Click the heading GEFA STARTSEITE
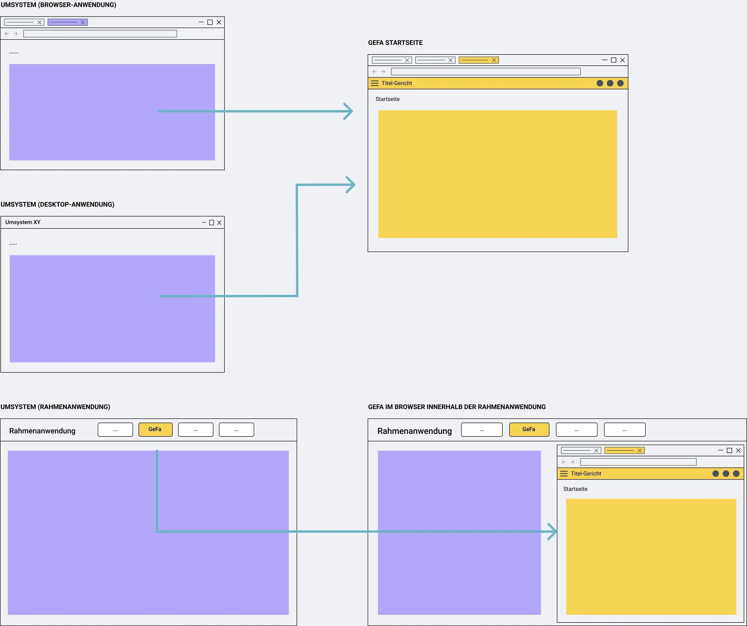coord(395,43)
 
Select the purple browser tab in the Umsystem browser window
coord(68,22)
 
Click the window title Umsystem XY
coord(23,222)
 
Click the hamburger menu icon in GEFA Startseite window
coord(375,83)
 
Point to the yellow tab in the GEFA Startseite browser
coord(479,60)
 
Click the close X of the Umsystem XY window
coord(219,223)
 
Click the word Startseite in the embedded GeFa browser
coord(575,489)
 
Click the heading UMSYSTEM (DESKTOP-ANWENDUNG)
coord(57,204)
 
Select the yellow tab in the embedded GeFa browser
coord(625,450)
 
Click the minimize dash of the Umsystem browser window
coord(201,22)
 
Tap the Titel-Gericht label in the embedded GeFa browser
coord(586,474)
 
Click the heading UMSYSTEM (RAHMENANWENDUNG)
coord(55,407)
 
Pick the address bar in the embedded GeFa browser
coord(638,462)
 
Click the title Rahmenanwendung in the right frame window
coord(414,431)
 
